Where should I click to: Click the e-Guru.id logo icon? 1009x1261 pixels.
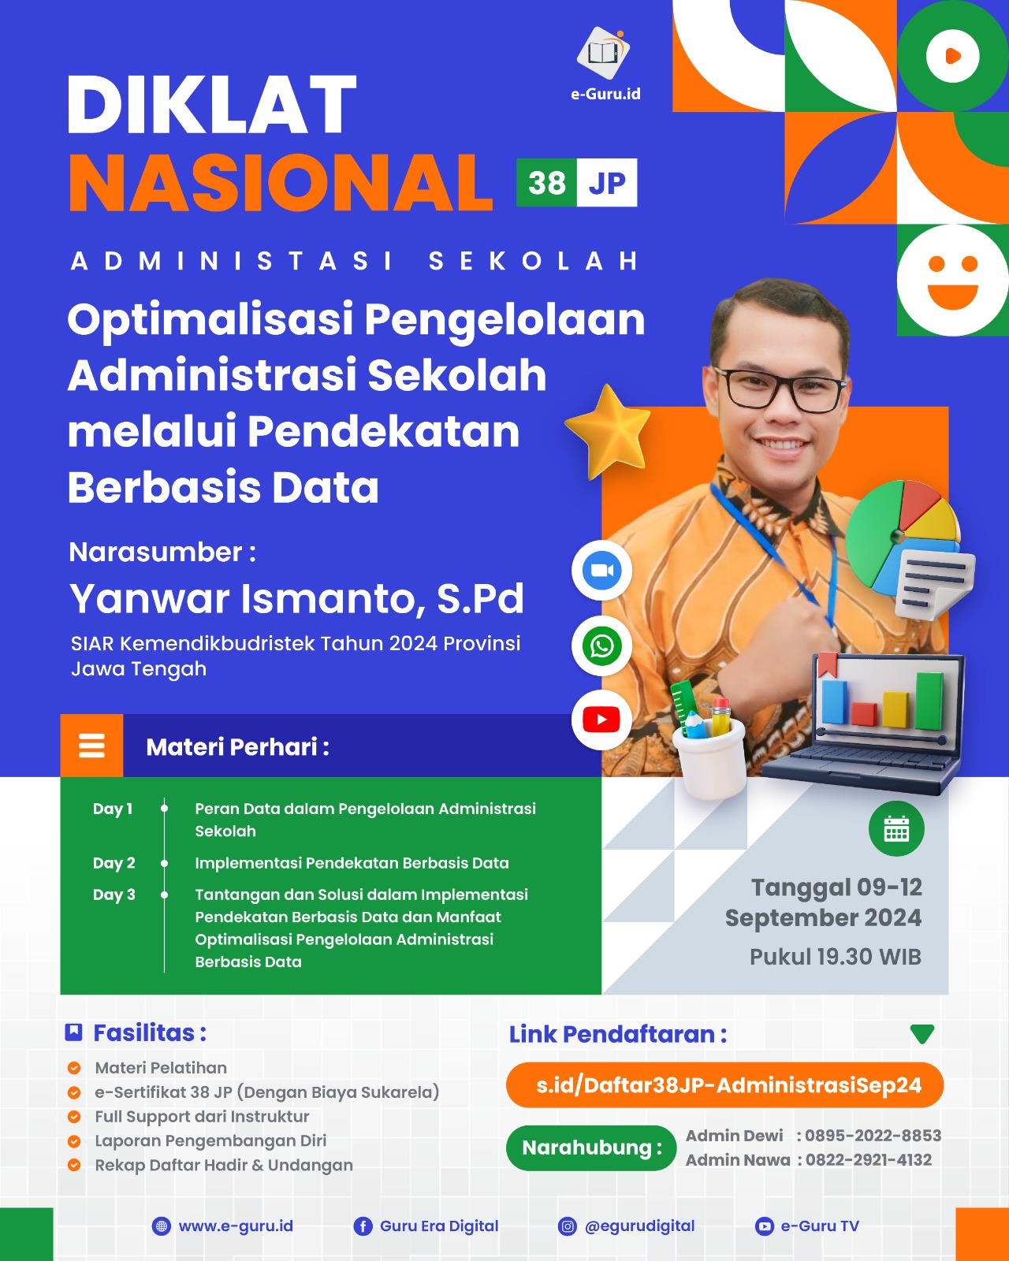coord(604,53)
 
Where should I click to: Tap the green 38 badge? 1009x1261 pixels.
coord(546,183)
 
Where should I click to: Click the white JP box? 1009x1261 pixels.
coord(606,183)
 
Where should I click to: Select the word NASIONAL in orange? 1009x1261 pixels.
coord(281,183)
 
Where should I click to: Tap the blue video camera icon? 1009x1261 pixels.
coord(601,570)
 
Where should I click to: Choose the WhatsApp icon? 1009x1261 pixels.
coord(601,645)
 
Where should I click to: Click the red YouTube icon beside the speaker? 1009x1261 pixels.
coord(601,720)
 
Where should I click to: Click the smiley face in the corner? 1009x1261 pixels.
coord(952,280)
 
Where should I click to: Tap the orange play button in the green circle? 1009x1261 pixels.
coord(952,56)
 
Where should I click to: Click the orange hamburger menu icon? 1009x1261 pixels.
coord(91,746)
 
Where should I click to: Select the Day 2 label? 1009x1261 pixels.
coord(114,863)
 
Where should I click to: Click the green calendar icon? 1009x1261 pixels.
coord(896,828)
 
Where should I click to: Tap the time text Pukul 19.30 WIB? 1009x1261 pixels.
coord(835,957)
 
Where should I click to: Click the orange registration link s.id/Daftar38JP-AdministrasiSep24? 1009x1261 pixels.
coord(724,1085)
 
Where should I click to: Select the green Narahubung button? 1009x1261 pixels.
coord(591,1148)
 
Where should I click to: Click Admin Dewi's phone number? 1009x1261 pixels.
coord(873,1136)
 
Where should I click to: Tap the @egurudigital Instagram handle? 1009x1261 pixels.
coord(639,1226)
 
